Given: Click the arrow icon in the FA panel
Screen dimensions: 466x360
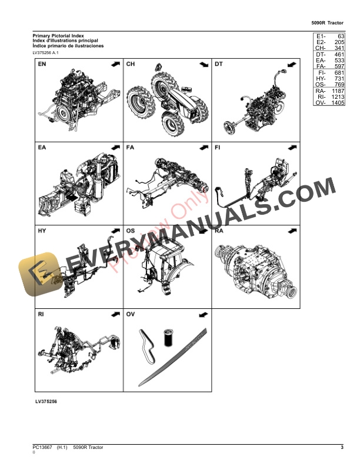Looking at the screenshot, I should coord(202,147).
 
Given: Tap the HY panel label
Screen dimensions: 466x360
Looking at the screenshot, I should coord(42,231).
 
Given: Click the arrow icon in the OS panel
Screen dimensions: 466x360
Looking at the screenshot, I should coord(202,231).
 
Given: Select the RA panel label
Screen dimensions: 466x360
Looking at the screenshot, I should coord(218,231).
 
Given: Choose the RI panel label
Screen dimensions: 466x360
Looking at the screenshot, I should coord(41,315).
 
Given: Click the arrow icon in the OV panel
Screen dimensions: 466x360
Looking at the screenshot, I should coord(202,315).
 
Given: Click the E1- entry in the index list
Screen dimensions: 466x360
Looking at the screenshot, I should coord(320,36).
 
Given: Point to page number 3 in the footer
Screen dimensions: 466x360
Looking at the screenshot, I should coord(342,448).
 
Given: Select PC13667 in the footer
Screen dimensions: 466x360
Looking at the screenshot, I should coord(42,448).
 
